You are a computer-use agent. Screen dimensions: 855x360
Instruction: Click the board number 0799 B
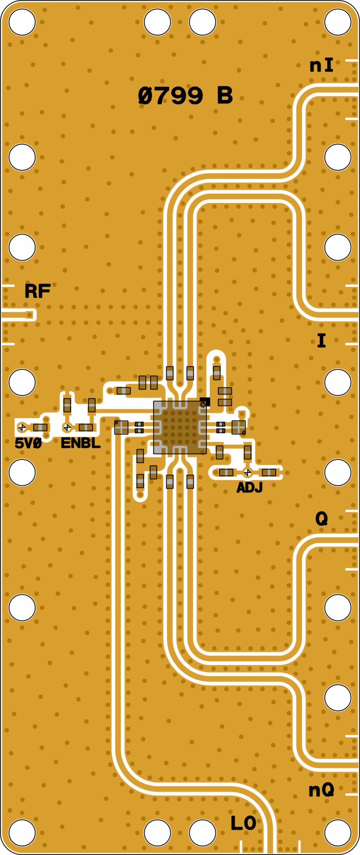(185, 96)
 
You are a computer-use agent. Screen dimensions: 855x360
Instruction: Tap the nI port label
(321, 66)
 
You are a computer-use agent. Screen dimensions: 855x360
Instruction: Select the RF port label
(38, 291)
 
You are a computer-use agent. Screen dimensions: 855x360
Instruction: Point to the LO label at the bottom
(243, 823)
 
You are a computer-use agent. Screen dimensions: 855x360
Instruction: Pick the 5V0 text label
(28, 443)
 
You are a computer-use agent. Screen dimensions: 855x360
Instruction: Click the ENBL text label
(81, 443)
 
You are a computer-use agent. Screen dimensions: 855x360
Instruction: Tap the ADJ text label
(249, 487)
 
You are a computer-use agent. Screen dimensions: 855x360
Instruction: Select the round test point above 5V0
(22, 427)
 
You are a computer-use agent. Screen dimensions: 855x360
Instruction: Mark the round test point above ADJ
(247, 472)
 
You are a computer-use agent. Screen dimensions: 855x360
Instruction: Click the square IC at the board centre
(180, 427)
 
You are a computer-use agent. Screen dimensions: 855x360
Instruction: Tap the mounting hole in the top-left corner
(22, 22)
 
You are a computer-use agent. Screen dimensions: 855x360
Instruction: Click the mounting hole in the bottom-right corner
(337, 832)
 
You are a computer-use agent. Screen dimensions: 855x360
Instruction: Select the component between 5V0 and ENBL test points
(41, 427)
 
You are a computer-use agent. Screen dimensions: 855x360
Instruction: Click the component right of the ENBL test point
(86, 427)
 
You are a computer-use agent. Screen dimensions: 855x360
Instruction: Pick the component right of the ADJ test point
(269, 472)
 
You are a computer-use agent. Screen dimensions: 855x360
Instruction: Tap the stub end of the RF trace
(30, 314)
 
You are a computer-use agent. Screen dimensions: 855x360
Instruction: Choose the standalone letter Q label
(321, 519)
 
